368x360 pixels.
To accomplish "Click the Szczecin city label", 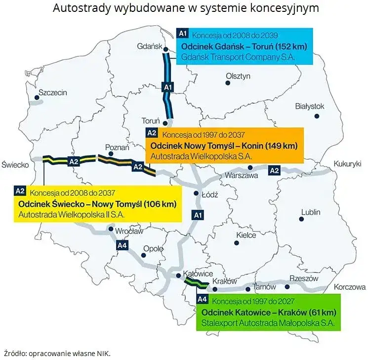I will point(52,92).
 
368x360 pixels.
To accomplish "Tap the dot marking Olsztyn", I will point(228,83).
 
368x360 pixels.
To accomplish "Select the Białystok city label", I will point(309,106).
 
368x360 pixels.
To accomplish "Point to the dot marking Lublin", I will point(302,219).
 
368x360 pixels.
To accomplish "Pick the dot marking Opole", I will point(143,256).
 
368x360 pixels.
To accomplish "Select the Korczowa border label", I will point(349,287).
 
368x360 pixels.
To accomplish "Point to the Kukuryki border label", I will point(348,163).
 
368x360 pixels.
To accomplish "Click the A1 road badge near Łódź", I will point(198,215).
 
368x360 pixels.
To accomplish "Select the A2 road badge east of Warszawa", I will point(274,171).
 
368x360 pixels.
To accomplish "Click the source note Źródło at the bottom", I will point(56,353).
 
